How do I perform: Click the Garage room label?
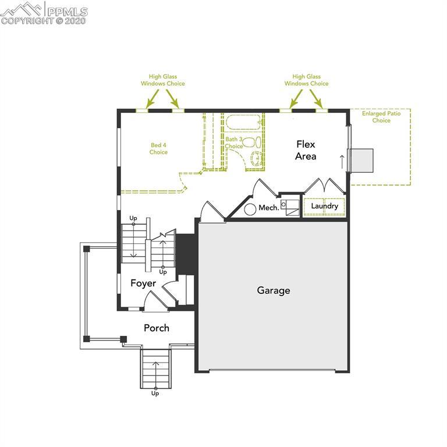pyautogui.click(x=274, y=290)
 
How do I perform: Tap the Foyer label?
pyautogui.click(x=143, y=283)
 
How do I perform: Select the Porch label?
pyautogui.click(x=157, y=328)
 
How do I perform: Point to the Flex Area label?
pyautogui.click(x=306, y=150)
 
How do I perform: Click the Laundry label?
pyautogui.click(x=324, y=206)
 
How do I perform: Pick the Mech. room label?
pyautogui.click(x=269, y=208)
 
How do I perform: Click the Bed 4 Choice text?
pyautogui.click(x=158, y=148)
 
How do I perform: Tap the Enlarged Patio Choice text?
pyautogui.click(x=381, y=117)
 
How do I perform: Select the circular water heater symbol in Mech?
pyautogui.click(x=251, y=209)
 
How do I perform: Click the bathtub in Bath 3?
pyautogui.click(x=244, y=123)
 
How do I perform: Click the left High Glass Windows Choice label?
pyautogui.click(x=163, y=80)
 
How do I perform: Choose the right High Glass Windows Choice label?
pyautogui.click(x=306, y=80)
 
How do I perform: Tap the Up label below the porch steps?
pyautogui.click(x=155, y=393)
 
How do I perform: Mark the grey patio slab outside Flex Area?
pyautogui.click(x=361, y=160)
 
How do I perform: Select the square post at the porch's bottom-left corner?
pyautogui.click(x=86, y=338)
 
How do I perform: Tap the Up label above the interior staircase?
pyautogui.click(x=133, y=218)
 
